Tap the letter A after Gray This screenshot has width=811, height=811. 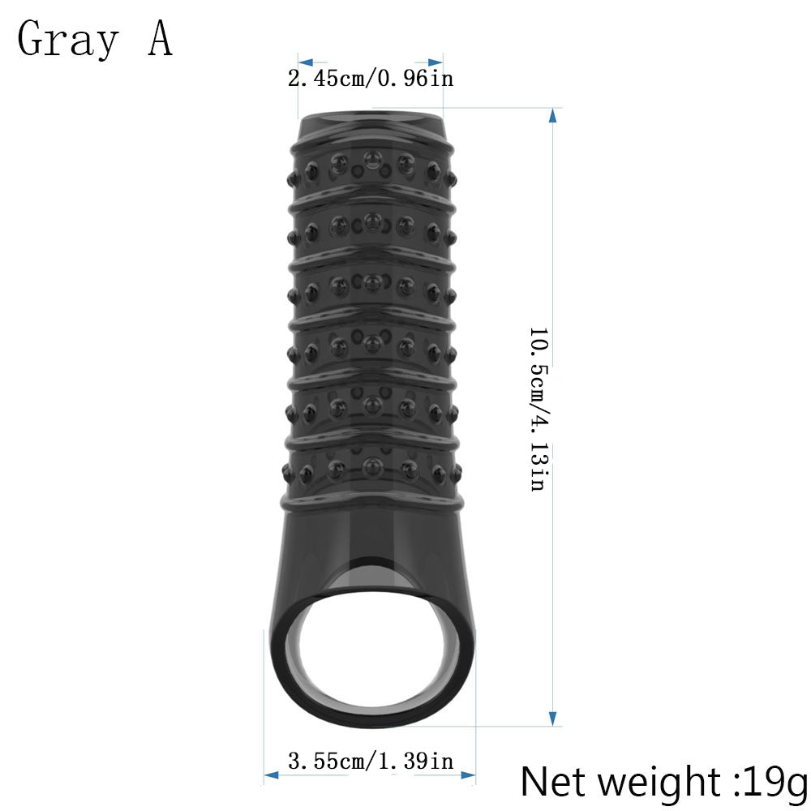click(160, 39)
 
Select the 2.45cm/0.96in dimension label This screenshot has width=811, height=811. click(370, 79)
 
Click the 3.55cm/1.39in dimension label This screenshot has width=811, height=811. click(371, 762)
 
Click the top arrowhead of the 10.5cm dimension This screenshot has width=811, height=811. click(552, 115)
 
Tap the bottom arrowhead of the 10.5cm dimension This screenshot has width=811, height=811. click(552, 718)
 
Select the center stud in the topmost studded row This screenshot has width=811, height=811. click(371, 158)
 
